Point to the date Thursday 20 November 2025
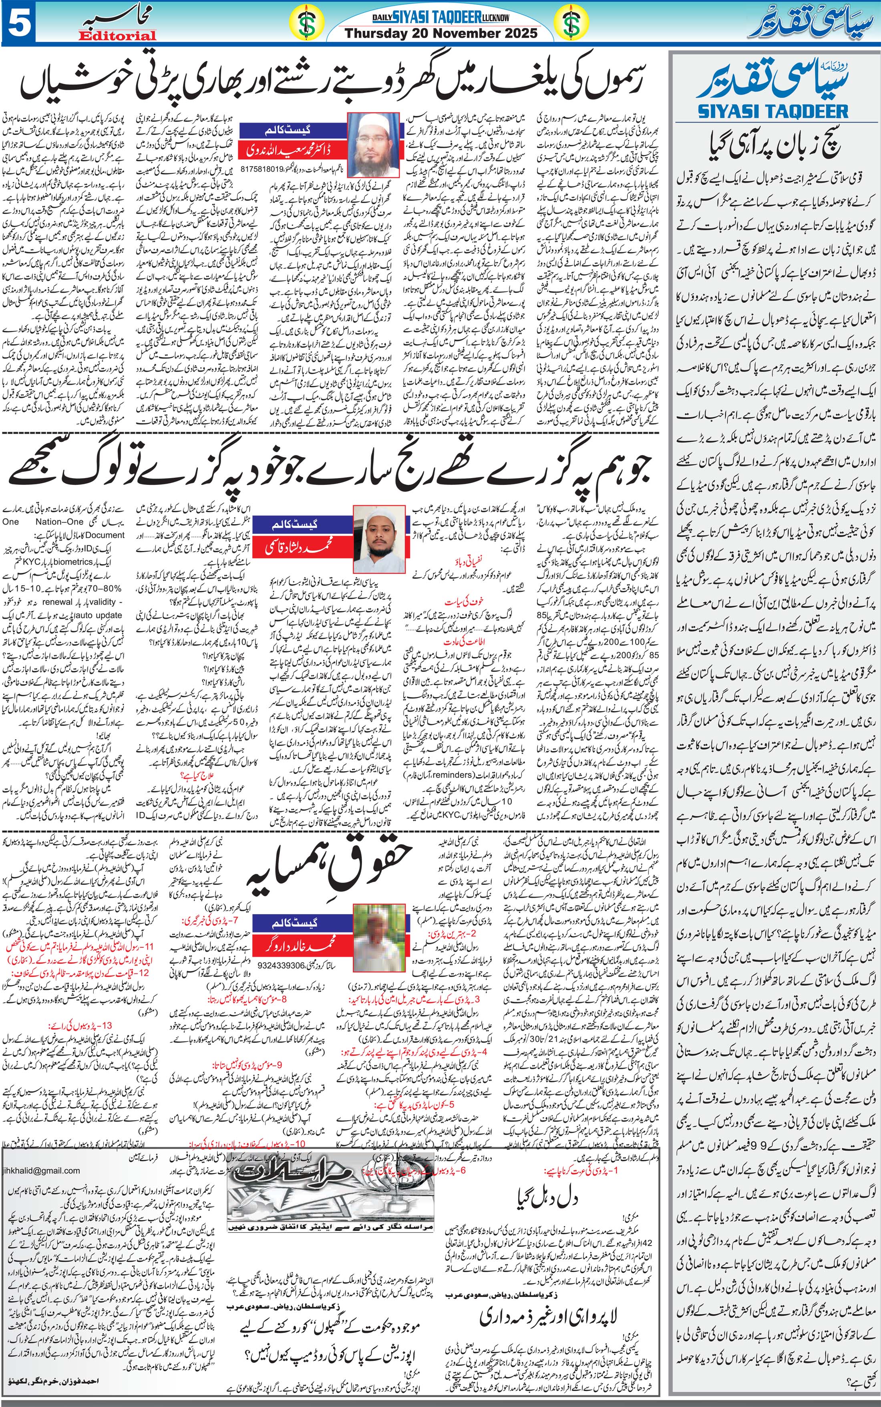click(x=441, y=34)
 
